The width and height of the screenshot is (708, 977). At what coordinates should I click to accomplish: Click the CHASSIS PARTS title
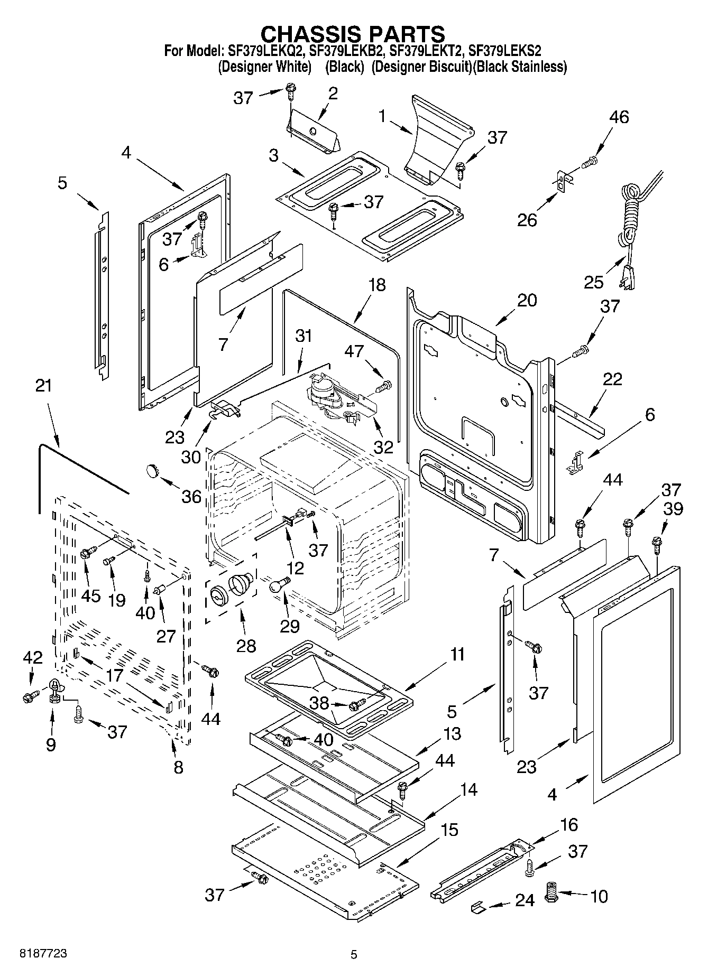(x=353, y=33)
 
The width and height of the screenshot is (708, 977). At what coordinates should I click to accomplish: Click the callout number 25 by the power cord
(x=593, y=282)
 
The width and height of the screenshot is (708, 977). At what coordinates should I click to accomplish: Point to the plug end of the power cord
(x=627, y=279)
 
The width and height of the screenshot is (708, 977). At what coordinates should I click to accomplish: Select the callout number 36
(x=191, y=496)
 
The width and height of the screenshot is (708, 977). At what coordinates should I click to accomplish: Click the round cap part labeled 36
(x=153, y=469)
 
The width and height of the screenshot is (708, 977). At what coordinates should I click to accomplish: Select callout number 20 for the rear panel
(x=527, y=300)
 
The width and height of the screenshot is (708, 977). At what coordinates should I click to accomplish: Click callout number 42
(x=32, y=657)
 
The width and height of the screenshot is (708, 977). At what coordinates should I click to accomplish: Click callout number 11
(x=456, y=655)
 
